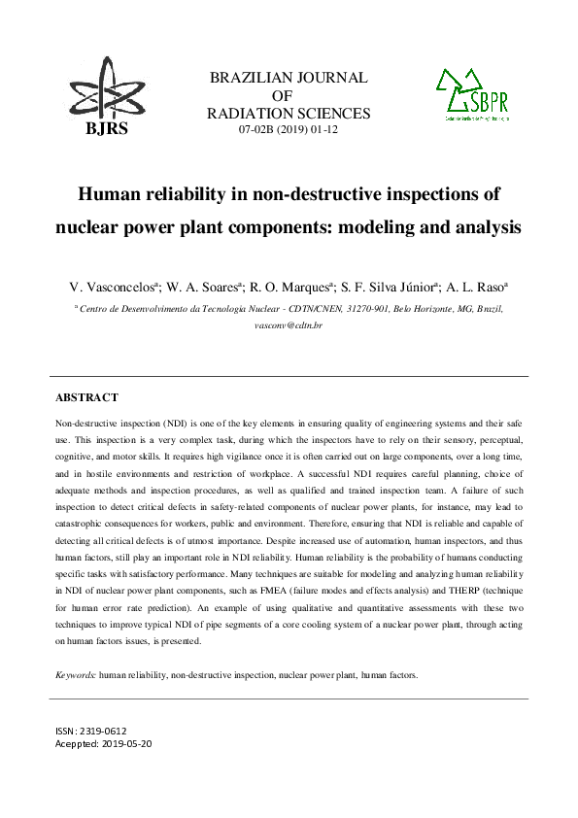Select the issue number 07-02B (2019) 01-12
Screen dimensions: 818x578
[x=289, y=129]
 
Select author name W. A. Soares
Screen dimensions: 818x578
[x=203, y=288]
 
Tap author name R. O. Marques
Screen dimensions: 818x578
[x=292, y=288]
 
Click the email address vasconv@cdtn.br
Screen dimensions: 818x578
[x=289, y=324]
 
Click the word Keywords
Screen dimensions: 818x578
[x=75, y=673]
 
